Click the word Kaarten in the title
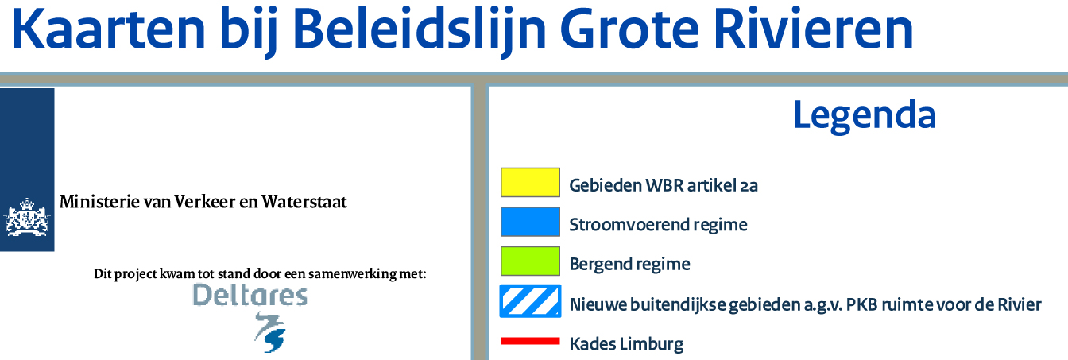point(109,29)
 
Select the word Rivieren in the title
point(814,29)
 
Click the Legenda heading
point(865,116)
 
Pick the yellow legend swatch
point(530,182)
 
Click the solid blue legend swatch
point(530,222)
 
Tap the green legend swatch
point(530,261)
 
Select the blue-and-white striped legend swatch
point(530,301)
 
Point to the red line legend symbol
point(530,341)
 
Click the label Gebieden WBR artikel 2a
point(664,185)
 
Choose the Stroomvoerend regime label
point(658,225)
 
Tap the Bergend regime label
point(629,264)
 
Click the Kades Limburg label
point(626,344)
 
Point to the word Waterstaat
point(304,202)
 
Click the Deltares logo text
point(250,295)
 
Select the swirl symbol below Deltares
point(269,332)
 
